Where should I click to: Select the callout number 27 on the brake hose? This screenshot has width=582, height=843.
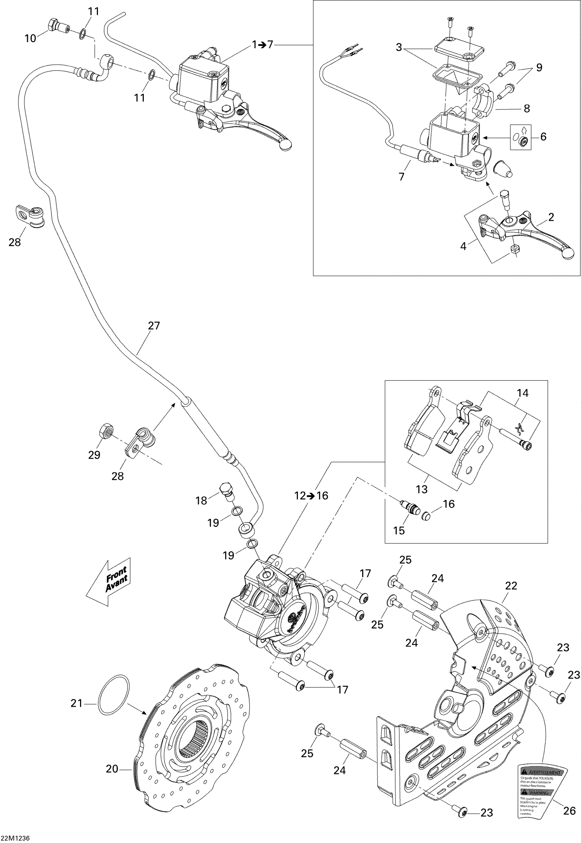point(154,325)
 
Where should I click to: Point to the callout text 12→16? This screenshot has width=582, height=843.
point(312,495)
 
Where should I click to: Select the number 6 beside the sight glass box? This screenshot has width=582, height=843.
point(543,136)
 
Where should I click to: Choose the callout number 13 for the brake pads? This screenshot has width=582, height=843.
point(421,489)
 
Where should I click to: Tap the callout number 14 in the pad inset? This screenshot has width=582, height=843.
point(522,393)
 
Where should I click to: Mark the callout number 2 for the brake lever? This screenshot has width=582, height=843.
point(551,217)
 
